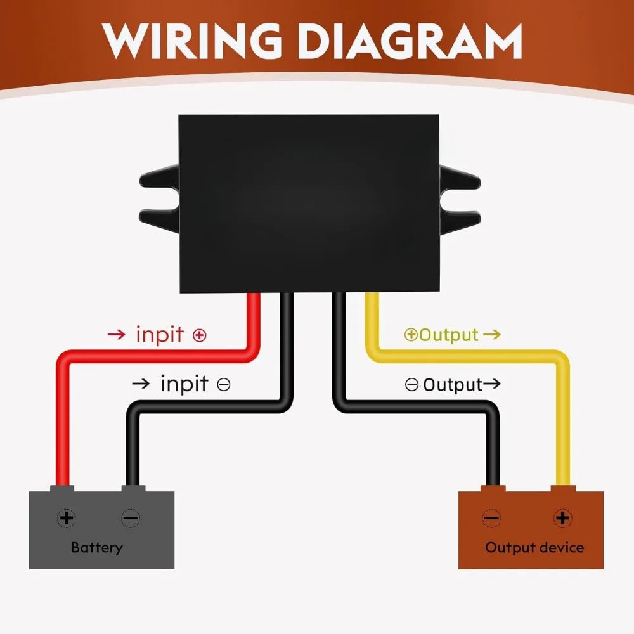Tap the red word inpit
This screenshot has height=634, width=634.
click(160, 335)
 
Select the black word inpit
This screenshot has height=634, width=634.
click(184, 384)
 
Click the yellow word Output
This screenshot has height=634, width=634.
click(449, 335)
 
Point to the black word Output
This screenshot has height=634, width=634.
click(453, 385)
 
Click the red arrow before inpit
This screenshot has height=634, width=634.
click(117, 334)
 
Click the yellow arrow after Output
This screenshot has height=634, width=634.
click(492, 334)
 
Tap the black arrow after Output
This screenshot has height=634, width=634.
click(492, 384)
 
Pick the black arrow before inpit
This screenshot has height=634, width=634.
click(141, 384)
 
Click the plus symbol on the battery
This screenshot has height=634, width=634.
click(67, 518)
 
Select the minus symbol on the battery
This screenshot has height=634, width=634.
click(131, 518)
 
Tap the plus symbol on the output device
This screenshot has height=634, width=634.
click(562, 518)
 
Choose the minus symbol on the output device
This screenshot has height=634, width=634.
click(492, 518)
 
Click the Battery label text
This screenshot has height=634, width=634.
click(96, 548)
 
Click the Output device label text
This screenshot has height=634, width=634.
click(534, 548)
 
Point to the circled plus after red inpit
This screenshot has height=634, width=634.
click(199, 335)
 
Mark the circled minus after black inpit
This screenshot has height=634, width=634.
click(224, 384)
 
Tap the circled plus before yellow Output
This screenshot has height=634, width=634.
click(411, 335)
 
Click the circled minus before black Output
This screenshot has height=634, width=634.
click(411, 385)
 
